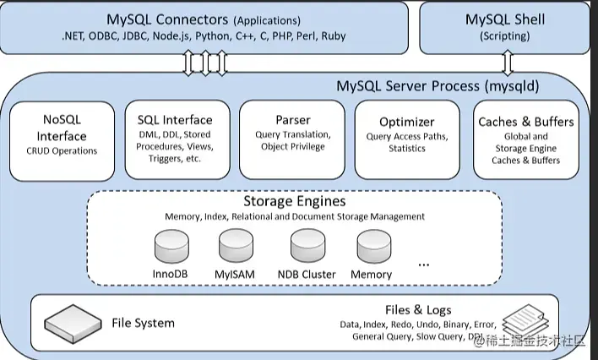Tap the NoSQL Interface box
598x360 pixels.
(62, 140)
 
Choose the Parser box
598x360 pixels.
(293, 140)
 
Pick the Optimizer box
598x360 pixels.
(407, 140)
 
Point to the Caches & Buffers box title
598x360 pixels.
(525, 122)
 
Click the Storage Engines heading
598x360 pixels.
(294, 202)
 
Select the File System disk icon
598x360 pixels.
(72, 321)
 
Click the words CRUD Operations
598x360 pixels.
(62, 151)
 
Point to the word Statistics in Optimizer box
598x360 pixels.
(407, 149)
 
